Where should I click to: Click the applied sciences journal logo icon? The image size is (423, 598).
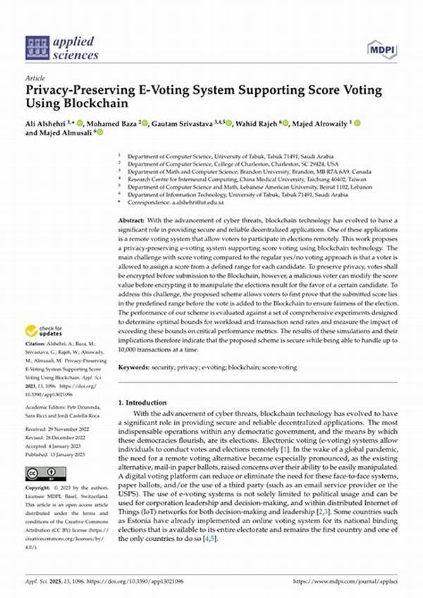click(x=37, y=47)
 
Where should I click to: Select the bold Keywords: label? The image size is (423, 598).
click(x=135, y=367)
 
